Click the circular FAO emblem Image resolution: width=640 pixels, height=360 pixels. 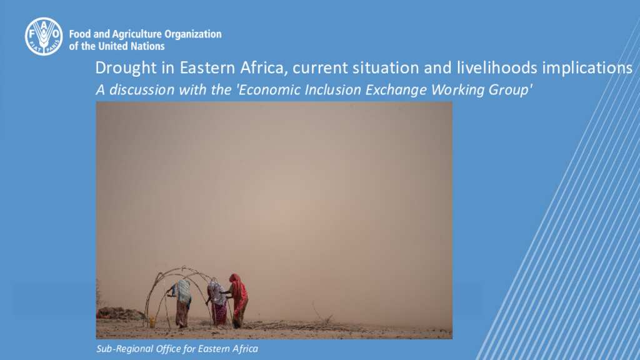[x=44, y=36]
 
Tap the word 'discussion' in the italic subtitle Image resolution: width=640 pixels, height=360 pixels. [x=142, y=89]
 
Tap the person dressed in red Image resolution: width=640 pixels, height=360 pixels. [x=238, y=300]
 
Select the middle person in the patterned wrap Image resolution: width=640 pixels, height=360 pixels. [x=217, y=302]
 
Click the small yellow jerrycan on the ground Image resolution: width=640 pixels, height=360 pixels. [x=152, y=322]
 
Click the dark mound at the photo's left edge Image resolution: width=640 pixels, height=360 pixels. [x=118, y=314]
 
